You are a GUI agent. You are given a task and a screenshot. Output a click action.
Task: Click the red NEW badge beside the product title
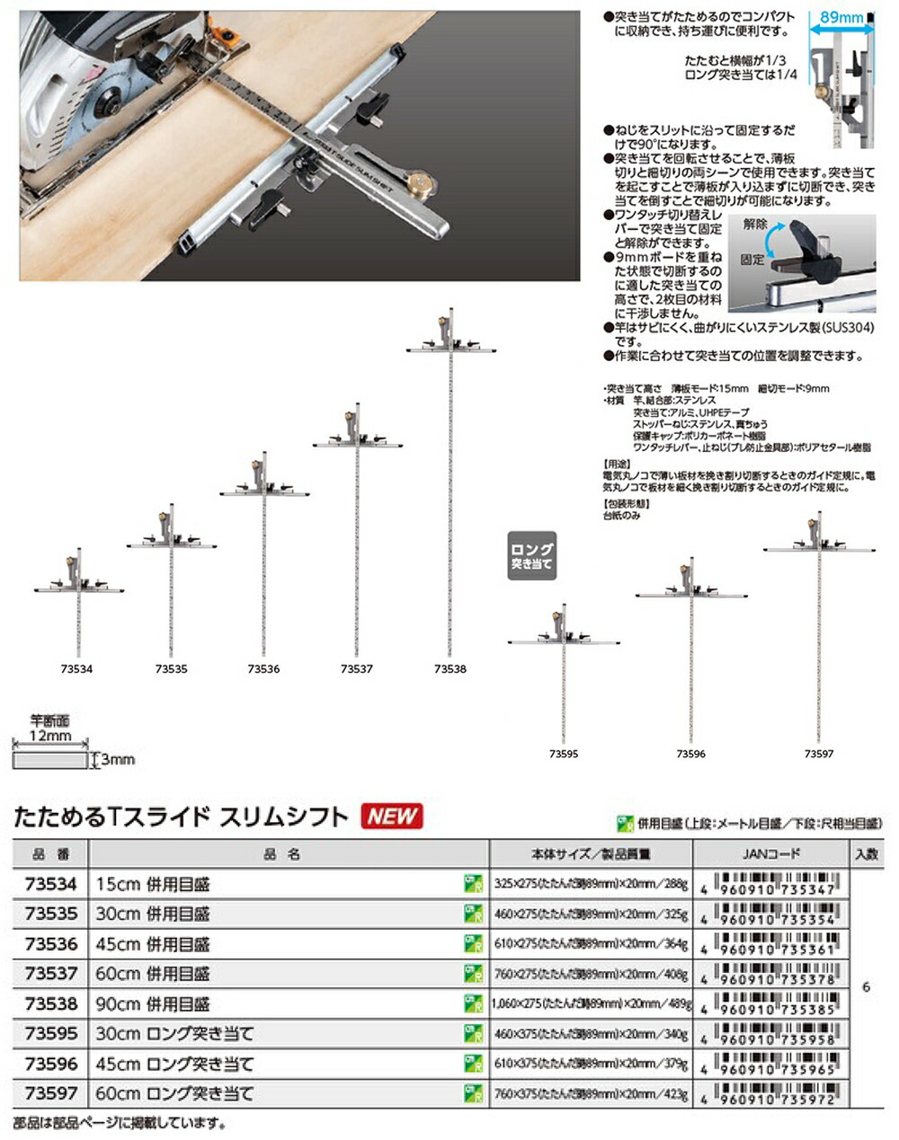click(392, 816)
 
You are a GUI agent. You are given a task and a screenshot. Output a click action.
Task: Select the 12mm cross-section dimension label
click(50, 736)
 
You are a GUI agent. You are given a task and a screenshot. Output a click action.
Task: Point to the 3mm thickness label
click(118, 760)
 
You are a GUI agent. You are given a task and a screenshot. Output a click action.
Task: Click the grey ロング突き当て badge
click(531, 556)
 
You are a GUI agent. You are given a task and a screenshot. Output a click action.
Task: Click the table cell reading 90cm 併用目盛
click(153, 1004)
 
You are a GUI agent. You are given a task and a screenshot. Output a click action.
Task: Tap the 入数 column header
click(867, 854)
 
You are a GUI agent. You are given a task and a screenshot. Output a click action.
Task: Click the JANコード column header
click(772, 854)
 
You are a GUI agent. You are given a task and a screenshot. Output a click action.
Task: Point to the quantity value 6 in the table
click(866, 987)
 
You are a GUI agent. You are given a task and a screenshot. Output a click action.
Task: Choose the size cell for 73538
click(591, 1004)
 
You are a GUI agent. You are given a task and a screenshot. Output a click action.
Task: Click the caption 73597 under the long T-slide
click(819, 755)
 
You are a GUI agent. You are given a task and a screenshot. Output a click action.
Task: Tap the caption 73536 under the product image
click(263, 669)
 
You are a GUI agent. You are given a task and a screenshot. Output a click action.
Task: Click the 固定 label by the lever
click(752, 260)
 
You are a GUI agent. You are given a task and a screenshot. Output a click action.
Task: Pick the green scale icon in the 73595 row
click(474, 1034)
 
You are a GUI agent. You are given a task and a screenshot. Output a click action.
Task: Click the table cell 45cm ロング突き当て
click(175, 1065)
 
